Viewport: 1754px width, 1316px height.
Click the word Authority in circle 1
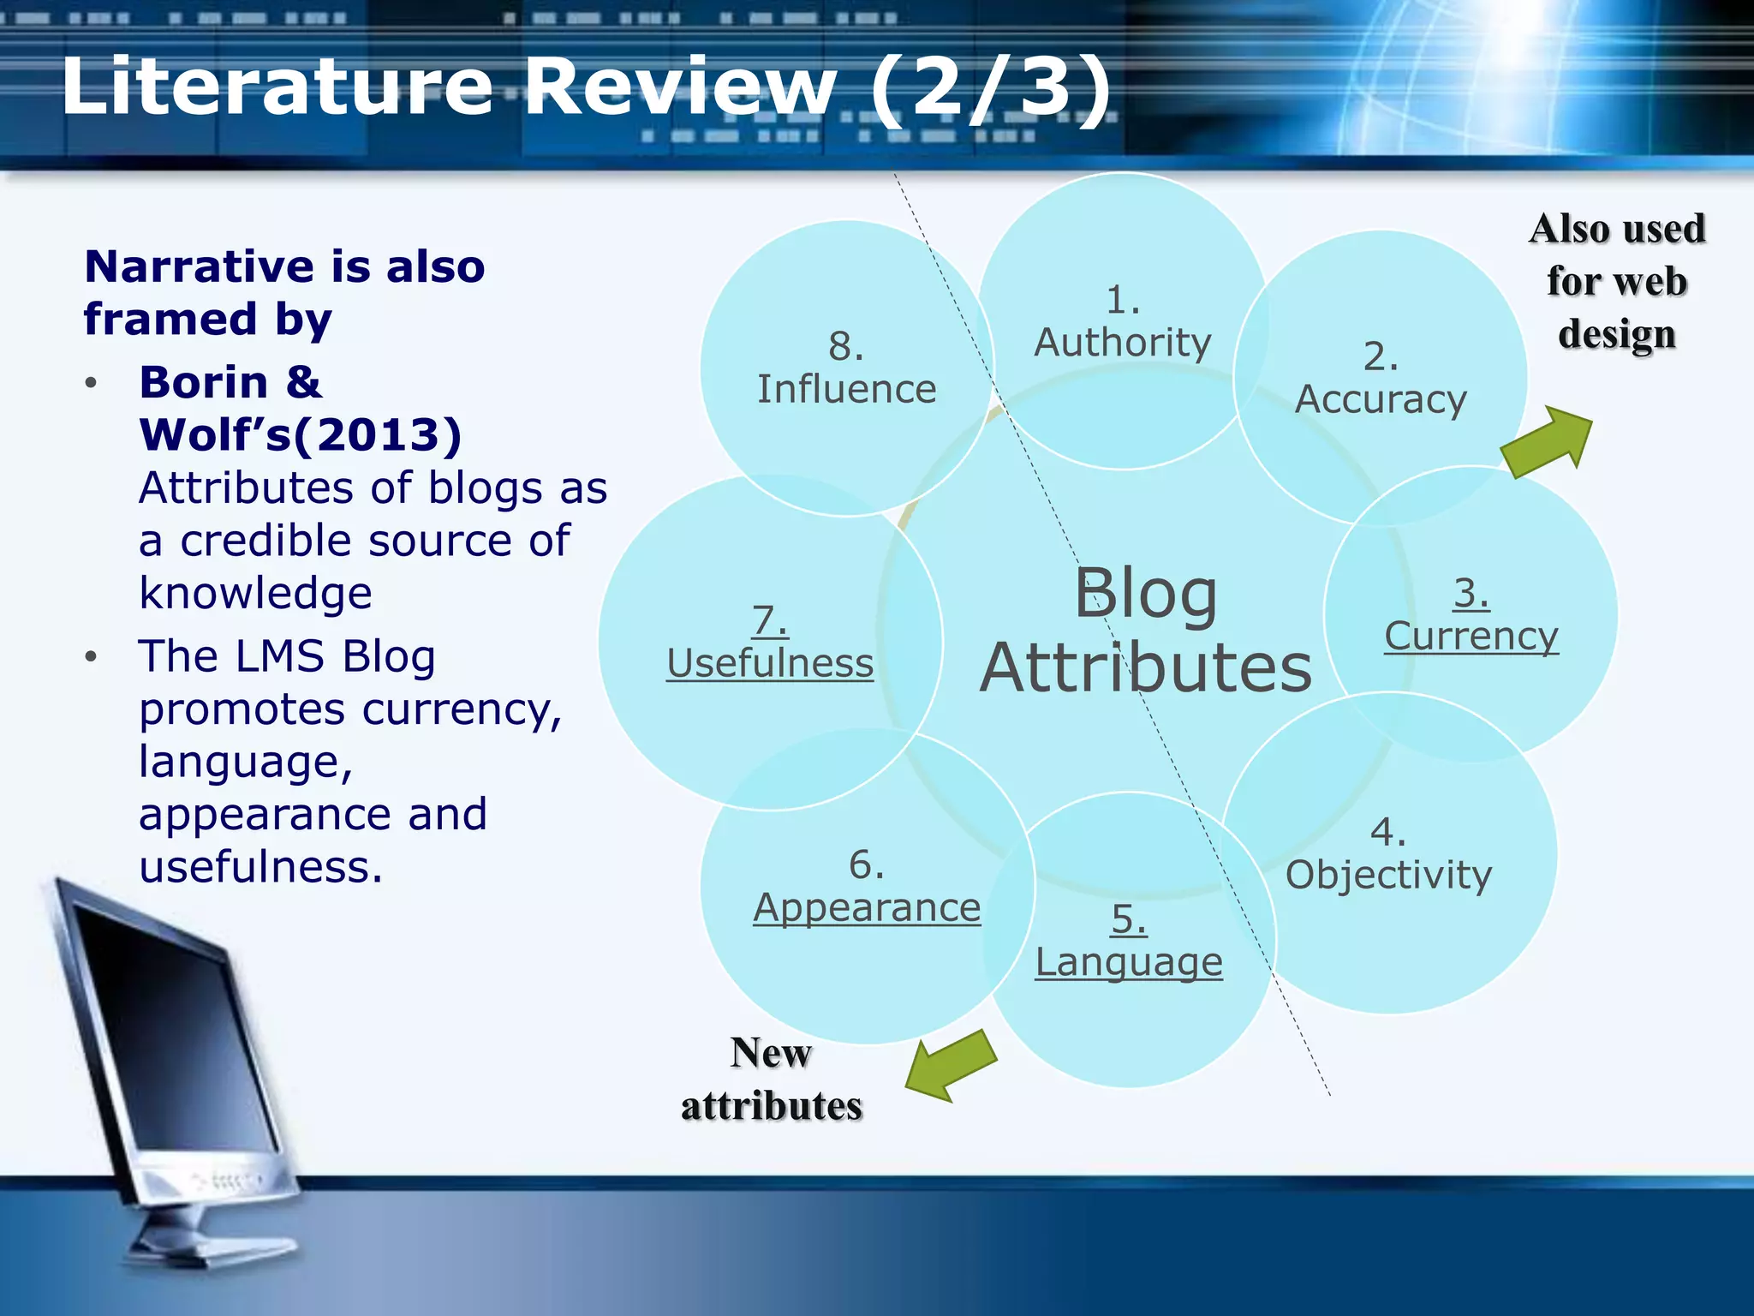click(x=1122, y=343)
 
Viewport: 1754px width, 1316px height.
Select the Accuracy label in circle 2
click(x=1380, y=399)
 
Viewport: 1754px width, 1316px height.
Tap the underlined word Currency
click(x=1471, y=636)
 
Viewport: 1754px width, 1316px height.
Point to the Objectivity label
click(x=1388, y=875)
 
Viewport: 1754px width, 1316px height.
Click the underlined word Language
click(x=1128, y=961)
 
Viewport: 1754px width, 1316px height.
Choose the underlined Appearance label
click(x=866, y=907)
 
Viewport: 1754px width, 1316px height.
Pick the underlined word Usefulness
click(x=769, y=663)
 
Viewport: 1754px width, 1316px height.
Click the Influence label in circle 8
click(x=846, y=389)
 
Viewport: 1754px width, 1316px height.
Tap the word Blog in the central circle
click(x=1145, y=593)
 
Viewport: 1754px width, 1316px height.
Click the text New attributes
click(x=771, y=1080)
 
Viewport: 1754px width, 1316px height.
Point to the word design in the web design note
click(x=1616, y=334)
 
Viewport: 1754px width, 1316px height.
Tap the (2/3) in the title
click(x=991, y=87)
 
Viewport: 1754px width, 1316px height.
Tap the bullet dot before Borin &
click(x=92, y=383)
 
